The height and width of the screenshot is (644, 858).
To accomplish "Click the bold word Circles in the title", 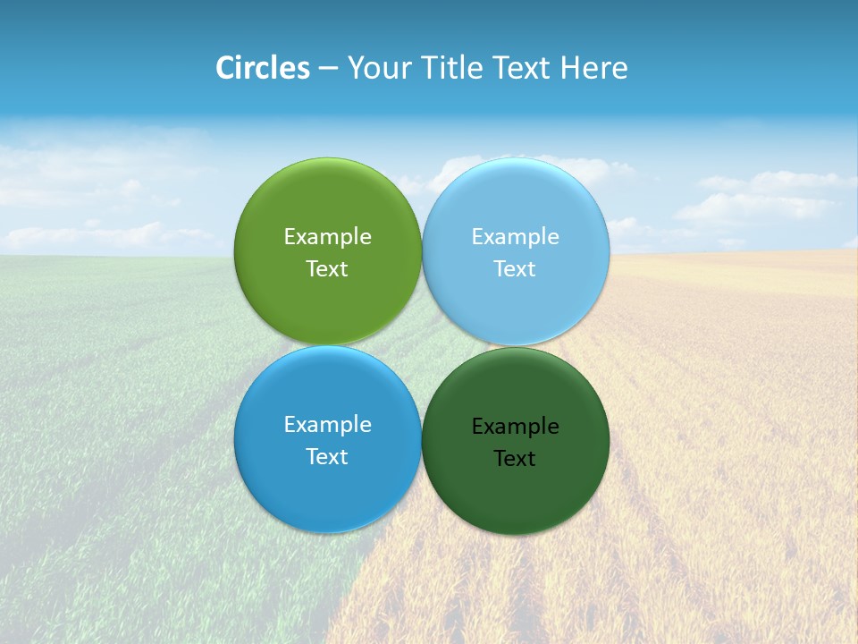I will [x=263, y=68].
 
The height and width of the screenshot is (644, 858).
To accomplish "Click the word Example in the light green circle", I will [x=327, y=236].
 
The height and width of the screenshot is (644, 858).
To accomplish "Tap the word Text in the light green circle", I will [x=327, y=269].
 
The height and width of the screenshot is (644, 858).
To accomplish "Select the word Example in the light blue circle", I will [x=515, y=236].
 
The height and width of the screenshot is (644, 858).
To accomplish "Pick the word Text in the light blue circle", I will [x=515, y=269].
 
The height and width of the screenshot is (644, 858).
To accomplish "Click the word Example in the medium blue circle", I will [x=327, y=424].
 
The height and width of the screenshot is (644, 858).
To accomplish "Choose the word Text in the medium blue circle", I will [x=327, y=457].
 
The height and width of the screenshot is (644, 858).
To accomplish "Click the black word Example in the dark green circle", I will [x=515, y=426].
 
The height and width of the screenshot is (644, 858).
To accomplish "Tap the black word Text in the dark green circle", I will [x=515, y=459].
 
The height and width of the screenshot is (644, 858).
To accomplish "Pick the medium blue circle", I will [x=327, y=492].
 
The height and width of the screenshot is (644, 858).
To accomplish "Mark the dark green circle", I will [x=515, y=496].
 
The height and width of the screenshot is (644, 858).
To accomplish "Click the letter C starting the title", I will [x=225, y=68].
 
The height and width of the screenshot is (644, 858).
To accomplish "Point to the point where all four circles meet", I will [x=422, y=346].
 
